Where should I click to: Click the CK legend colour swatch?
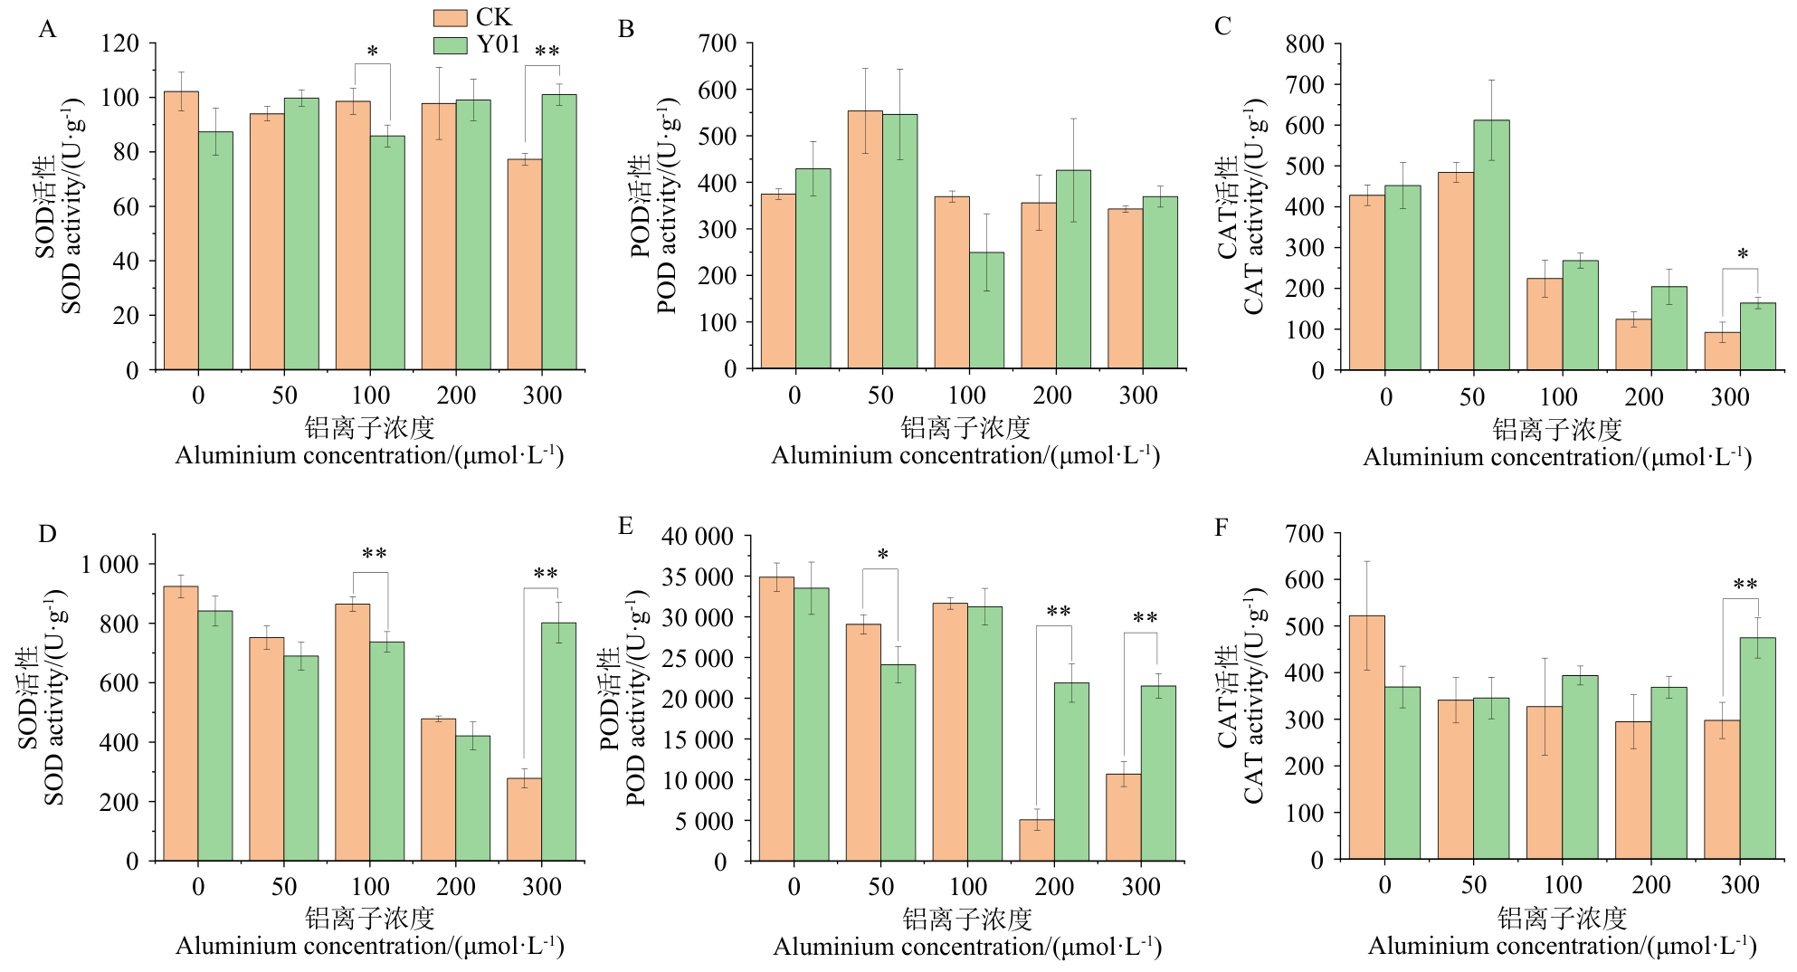tap(450, 18)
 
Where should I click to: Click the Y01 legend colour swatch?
tap(450, 45)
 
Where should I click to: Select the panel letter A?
tap(47, 30)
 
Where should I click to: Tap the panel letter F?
tap(1222, 527)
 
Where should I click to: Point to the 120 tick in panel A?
tap(120, 43)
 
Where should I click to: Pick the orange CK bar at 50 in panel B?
tap(865, 240)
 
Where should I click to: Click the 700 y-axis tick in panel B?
tap(718, 43)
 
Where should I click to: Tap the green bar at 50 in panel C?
tap(1491, 244)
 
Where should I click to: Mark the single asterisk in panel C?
tap(1743, 255)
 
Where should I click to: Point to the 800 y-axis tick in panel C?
tap(1305, 43)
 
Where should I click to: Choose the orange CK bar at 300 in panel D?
tap(524, 819)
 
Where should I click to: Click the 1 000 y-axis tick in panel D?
tap(110, 564)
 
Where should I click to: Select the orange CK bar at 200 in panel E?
tap(1036, 840)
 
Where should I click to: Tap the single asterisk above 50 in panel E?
tap(882, 556)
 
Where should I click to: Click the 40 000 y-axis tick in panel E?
tap(698, 536)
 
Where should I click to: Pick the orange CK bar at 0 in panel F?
tap(1366, 738)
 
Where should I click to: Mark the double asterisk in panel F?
tap(1745, 586)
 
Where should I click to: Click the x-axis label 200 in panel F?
tap(1650, 885)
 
